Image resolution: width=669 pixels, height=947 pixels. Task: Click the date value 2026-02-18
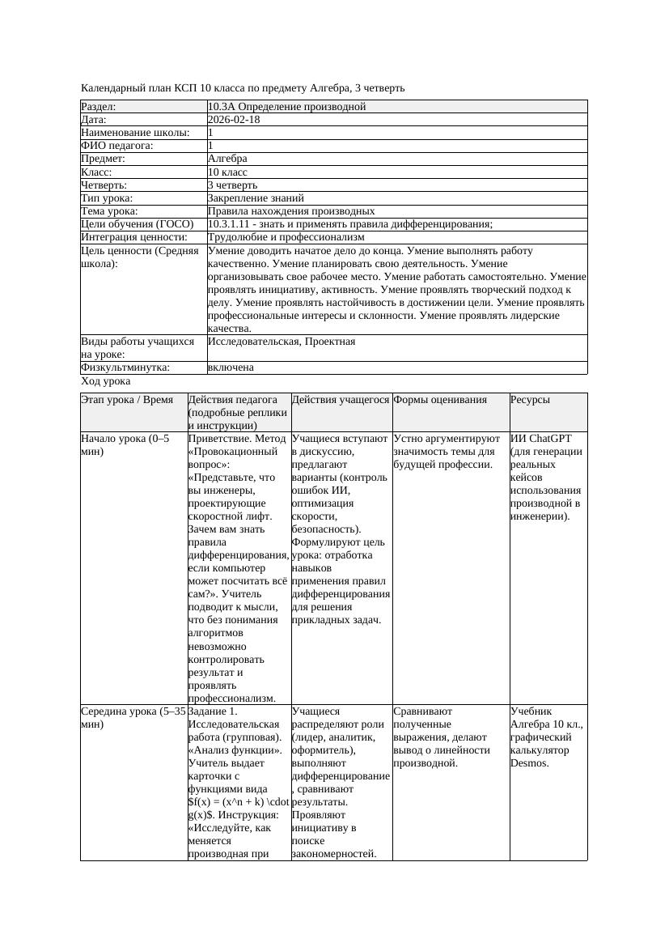[234, 120]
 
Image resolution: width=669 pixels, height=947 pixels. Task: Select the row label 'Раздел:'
[99, 107]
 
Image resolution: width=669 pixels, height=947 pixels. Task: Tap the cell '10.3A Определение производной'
[286, 107]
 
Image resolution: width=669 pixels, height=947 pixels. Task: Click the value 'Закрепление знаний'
[256, 197]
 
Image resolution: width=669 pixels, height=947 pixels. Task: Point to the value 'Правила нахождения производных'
[291, 211]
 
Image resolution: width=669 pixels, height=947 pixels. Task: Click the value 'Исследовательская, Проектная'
[282, 342]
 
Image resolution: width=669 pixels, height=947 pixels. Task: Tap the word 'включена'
[231, 367]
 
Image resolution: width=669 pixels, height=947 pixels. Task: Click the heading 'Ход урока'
[106, 381]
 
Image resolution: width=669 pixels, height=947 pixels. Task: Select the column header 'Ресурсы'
[531, 400]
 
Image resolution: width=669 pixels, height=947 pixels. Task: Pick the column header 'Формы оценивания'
[440, 400]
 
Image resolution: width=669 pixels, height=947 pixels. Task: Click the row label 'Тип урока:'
[107, 197]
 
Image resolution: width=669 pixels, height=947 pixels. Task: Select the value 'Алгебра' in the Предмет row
[227, 159]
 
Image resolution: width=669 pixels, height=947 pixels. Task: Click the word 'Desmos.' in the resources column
[530, 763]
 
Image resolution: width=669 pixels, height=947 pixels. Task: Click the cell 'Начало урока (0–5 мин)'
[125, 445]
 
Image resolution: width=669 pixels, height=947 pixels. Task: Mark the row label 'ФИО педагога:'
[117, 146]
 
